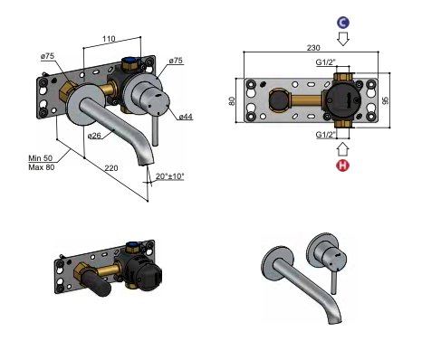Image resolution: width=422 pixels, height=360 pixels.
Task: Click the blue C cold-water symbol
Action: coord(343,23)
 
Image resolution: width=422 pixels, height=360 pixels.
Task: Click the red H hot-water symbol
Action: coord(343,166)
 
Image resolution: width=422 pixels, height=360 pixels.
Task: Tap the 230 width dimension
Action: coord(313,48)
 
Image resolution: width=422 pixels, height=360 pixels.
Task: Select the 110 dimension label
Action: coord(109,39)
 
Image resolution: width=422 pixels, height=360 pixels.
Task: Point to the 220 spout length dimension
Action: coord(111,168)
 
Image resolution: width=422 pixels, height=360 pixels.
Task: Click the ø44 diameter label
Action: coord(186,117)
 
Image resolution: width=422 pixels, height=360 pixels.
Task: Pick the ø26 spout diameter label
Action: coord(94,136)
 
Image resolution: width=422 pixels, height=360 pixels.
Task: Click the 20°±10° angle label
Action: coord(170,176)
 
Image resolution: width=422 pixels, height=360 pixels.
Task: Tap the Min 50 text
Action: coord(41,158)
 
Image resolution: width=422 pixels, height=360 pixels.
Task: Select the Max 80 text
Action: coord(42,167)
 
